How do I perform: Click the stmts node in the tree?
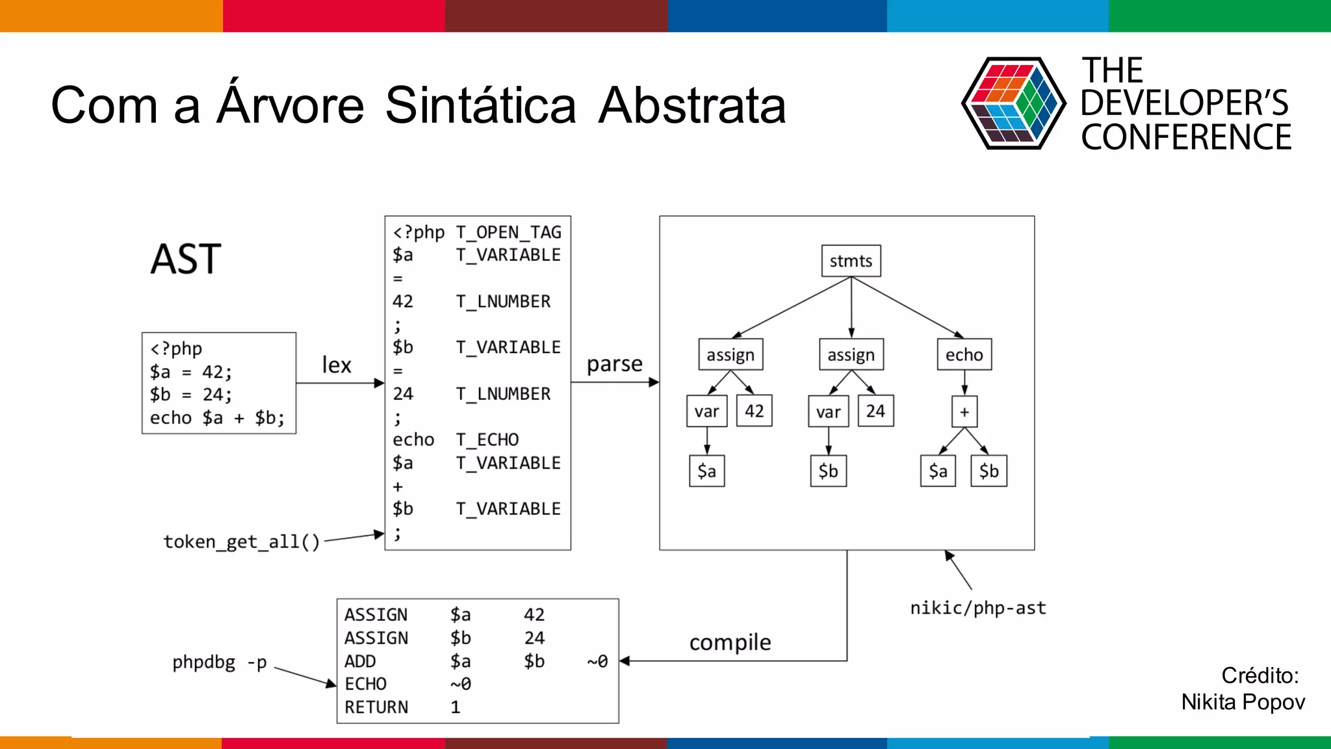coord(851,261)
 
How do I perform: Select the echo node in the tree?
coord(964,354)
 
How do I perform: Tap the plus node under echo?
coord(964,412)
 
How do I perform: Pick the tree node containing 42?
coord(754,411)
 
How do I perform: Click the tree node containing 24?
coord(875,411)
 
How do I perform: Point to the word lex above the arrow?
coord(337,365)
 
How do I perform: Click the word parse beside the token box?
coord(614,364)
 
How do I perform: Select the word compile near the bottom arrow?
coord(730,642)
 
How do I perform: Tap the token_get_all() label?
coord(242,542)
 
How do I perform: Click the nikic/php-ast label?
coord(978,608)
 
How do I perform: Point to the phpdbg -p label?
coord(220,663)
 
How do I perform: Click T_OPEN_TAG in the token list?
coord(508,232)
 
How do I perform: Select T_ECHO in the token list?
coord(487,440)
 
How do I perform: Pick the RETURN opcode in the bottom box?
coord(376,707)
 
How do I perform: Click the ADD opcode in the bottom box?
coord(360,661)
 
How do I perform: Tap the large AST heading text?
coord(186,259)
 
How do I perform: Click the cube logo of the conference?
coord(1013,103)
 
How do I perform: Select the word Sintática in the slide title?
coord(480,105)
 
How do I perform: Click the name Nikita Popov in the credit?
coord(1243,702)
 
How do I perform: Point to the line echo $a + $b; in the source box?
coord(217,417)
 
